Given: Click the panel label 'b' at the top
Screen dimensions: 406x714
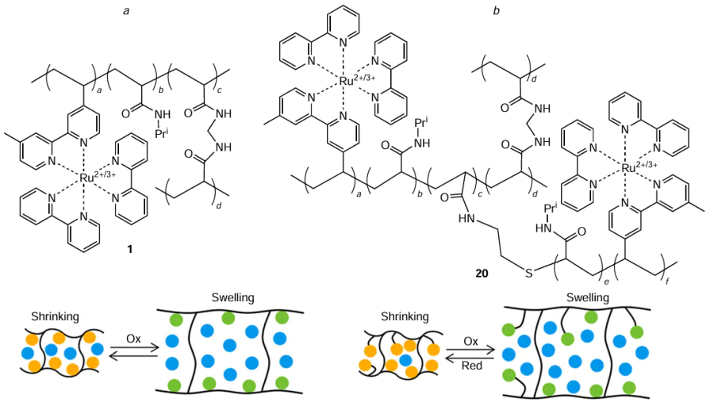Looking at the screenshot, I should point(497,10).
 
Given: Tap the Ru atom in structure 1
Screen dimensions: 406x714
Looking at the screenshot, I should point(87,180).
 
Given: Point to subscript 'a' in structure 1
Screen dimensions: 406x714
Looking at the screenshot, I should point(98,90).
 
